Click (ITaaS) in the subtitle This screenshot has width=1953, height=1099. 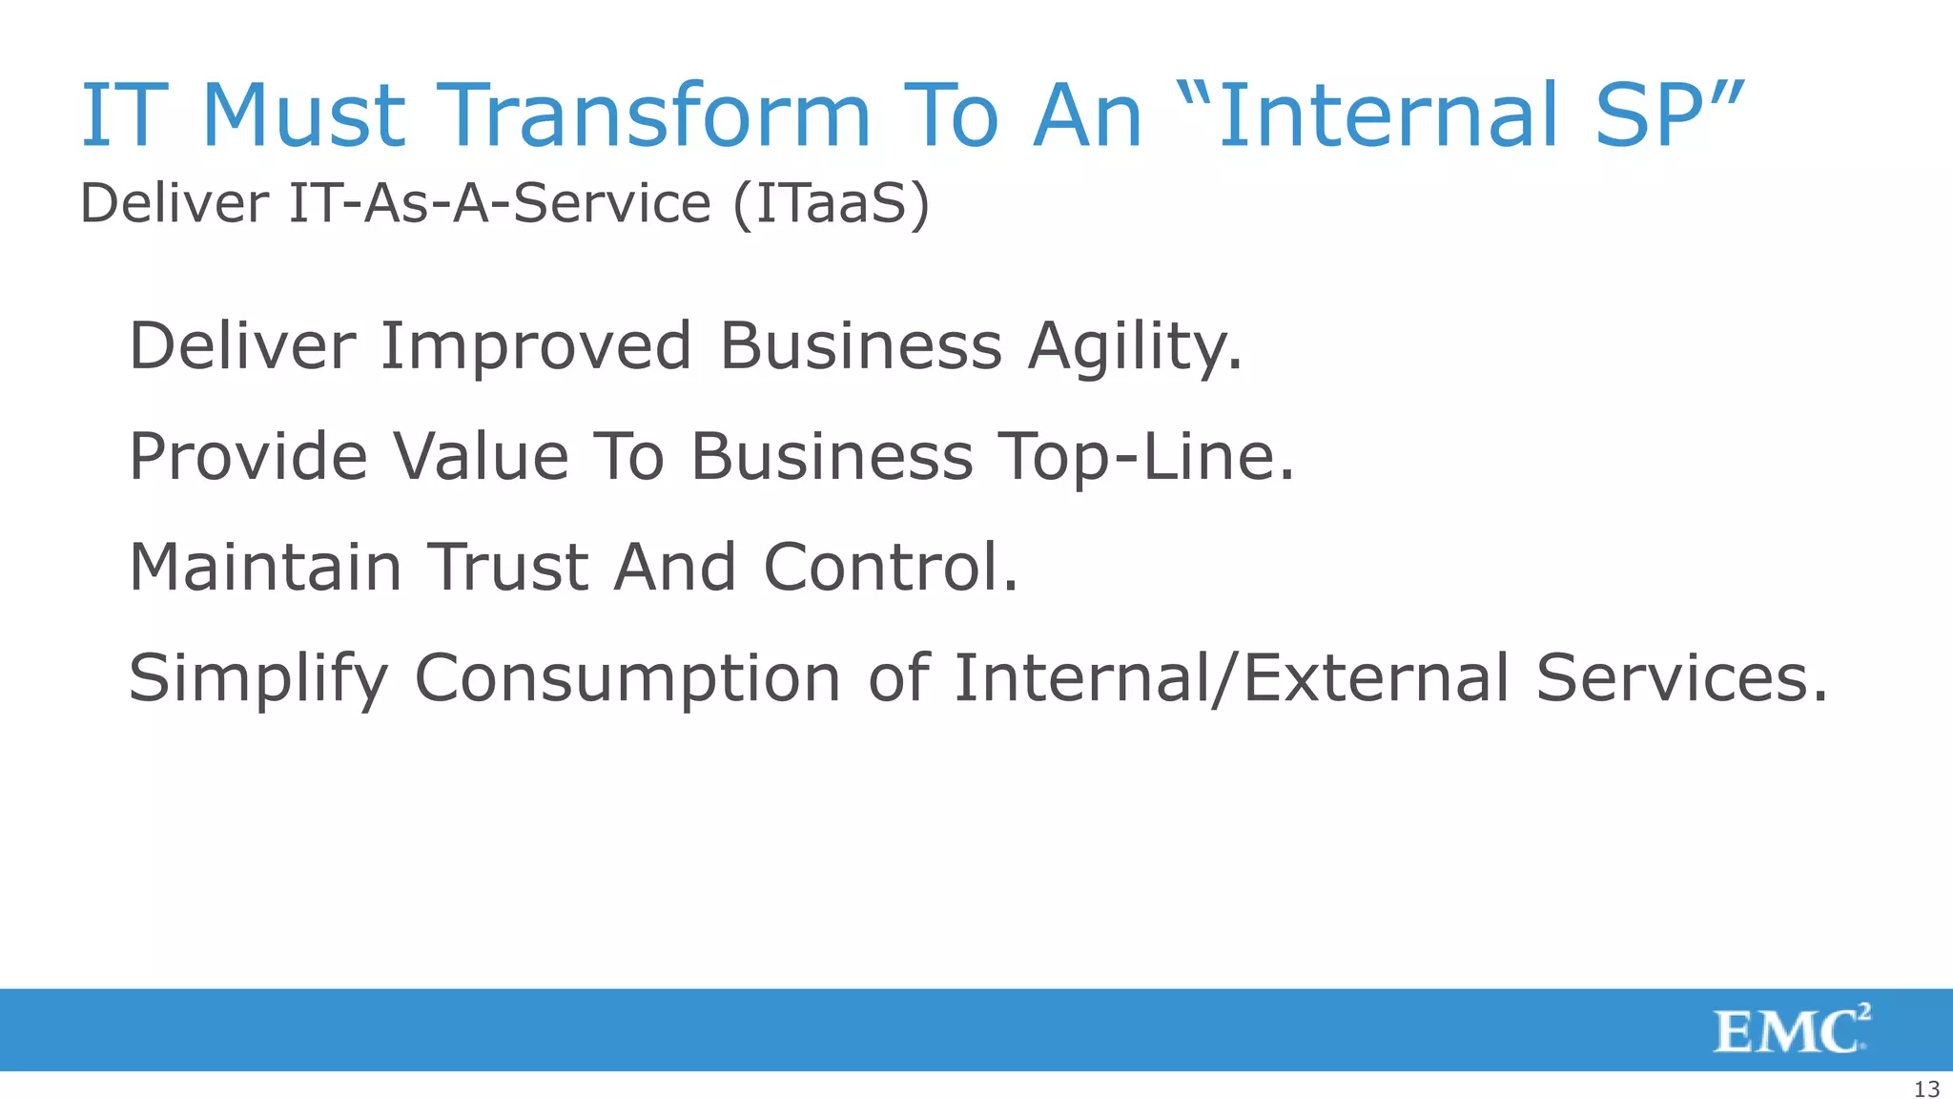click(x=831, y=203)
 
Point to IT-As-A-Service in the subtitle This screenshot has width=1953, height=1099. click(x=500, y=203)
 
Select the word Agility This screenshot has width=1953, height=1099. click(x=1135, y=347)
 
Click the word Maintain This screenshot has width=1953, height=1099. click(x=265, y=567)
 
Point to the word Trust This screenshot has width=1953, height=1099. click(x=506, y=567)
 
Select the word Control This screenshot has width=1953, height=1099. click(x=890, y=567)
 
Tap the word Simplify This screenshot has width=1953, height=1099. click(x=257, y=679)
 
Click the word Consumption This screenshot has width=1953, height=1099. click(x=627, y=679)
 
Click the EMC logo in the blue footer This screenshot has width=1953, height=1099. click(x=1791, y=1029)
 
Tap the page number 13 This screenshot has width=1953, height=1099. click(x=1926, y=1089)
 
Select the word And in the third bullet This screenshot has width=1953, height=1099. click(x=674, y=567)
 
